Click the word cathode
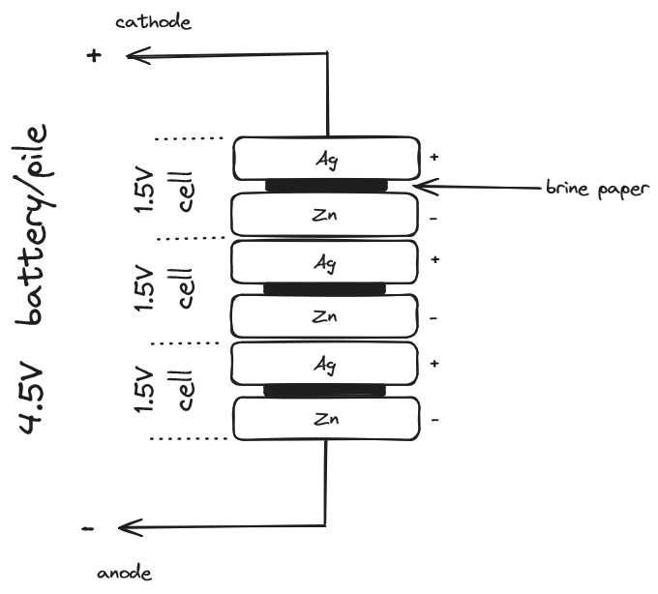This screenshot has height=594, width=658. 153,22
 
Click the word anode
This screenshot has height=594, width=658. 125,573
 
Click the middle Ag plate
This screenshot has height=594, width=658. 327,261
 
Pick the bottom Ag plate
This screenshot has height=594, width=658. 327,364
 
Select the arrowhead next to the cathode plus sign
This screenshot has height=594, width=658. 133,56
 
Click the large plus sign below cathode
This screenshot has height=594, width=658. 94,56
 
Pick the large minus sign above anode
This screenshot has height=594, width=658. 89,528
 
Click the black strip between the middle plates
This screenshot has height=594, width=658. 325,288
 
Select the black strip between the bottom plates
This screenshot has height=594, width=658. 325,391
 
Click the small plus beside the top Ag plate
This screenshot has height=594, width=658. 434,157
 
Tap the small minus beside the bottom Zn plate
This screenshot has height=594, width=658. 433,420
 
